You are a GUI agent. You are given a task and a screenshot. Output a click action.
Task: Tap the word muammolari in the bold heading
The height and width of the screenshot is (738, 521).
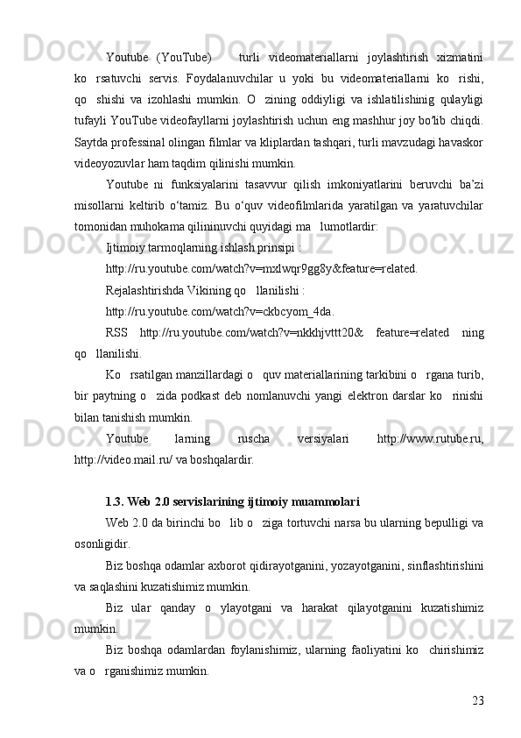pyautogui.click(x=321, y=502)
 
